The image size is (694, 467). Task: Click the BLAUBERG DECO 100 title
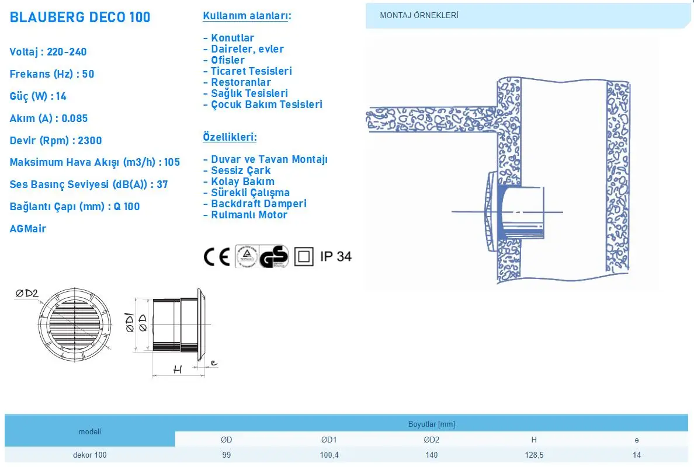[x=80, y=18]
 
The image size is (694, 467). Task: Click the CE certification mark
[x=216, y=257]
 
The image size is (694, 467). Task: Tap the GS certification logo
[x=273, y=257]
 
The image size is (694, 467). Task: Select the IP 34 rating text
[x=336, y=256]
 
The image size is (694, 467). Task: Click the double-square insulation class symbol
[x=304, y=257]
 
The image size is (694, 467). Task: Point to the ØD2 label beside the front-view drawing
[x=27, y=293]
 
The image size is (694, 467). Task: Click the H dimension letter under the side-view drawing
[x=178, y=370]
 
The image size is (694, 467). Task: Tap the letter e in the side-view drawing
[x=214, y=363]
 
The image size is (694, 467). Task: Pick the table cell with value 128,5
[x=534, y=455]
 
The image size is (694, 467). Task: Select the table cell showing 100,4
[x=329, y=455]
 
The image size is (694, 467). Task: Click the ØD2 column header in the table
[x=432, y=440]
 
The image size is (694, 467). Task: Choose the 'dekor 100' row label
[x=90, y=455]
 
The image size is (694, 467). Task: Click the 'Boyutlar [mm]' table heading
[x=432, y=424]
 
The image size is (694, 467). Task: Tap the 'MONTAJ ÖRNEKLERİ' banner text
[x=419, y=16]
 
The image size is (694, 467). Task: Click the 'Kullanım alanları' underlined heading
[x=247, y=16]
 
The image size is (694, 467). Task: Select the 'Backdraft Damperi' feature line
[x=255, y=204]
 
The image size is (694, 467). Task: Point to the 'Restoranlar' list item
[x=237, y=82]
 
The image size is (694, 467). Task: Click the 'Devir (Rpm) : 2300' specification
[x=55, y=141]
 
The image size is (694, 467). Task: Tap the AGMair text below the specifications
[x=28, y=229]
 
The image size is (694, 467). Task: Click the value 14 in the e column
[x=637, y=455]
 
